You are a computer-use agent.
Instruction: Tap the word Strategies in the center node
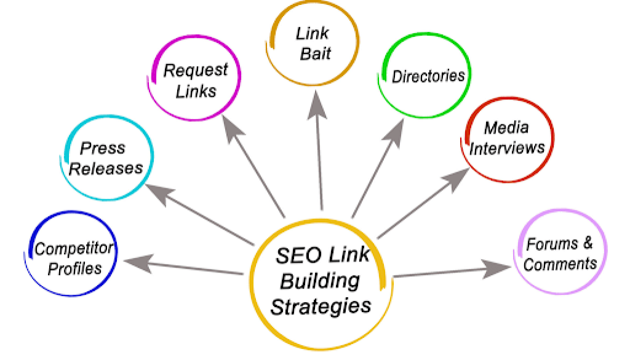coord(321,305)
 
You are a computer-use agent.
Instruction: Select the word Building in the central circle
coord(319,281)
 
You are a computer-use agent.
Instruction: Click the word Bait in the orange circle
coord(315,54)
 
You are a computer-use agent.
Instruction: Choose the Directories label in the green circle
coord(428,76)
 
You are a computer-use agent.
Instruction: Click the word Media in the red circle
coord(506,127)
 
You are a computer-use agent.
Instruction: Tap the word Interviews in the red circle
coord(508,148)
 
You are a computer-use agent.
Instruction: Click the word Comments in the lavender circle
coord(560,264)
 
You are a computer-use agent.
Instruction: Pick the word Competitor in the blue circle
coord(74,249)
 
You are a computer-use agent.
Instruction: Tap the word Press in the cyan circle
coord(103,148)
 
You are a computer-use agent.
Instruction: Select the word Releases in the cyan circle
coord(105,168)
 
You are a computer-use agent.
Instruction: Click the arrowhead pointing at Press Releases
coord(158,193)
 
